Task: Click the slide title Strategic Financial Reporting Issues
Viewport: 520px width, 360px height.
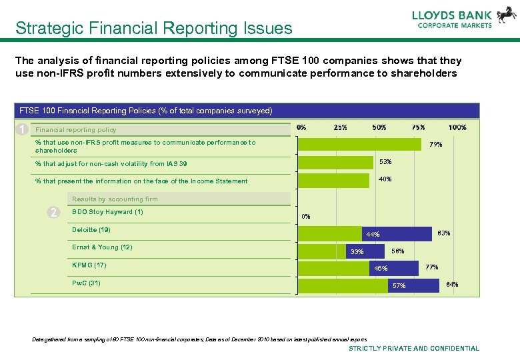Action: [154, 29]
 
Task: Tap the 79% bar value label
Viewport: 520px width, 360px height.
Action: [435, 144]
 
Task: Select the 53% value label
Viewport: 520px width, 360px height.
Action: [385, 162]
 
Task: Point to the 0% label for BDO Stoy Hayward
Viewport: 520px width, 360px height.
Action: [306, 216]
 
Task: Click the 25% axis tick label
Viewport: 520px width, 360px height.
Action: [340, 127]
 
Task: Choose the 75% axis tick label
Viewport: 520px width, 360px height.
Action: [418, 127]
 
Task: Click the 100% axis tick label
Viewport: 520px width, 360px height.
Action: [457, 127]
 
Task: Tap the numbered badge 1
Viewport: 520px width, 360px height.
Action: [23, 129]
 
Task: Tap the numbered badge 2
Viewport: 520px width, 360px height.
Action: [54, 213]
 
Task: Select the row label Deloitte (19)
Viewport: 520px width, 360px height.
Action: [91, 230]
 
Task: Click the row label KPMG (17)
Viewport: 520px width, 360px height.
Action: [89, 265]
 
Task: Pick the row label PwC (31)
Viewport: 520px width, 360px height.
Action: [87, 283]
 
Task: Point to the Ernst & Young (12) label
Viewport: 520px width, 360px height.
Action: [102, 247]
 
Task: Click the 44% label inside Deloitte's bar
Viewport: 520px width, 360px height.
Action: [373, 235]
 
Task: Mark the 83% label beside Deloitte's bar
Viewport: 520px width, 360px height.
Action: [443, 233]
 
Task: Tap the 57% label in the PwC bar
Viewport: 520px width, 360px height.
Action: [399, 286]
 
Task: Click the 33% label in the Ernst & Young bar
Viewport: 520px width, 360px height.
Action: [357, 252]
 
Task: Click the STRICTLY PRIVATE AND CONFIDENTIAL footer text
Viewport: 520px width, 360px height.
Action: [414, 348]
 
